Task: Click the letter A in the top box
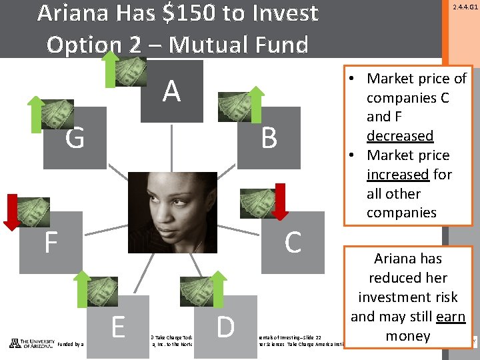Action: pyautogui.click(x=171, y=91)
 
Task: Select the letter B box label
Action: pyautogui.click(x=269, y=139)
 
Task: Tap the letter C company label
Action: pyautogui.click(x=293, y=243)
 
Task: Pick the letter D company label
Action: pyautogui.click(x=226, y=327)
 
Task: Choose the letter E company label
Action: pyautogui.click(x=119, y=327)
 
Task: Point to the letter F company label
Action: pyautogui.click(x=51, y=243)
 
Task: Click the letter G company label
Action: pyautogui.click(x=75, y=139)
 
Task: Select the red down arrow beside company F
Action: pyautogui.click(x=13, y=210)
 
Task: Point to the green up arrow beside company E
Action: pyautogui.click(x=81, y=289)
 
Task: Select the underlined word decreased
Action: pyautogui.click(x=400, y=136)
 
